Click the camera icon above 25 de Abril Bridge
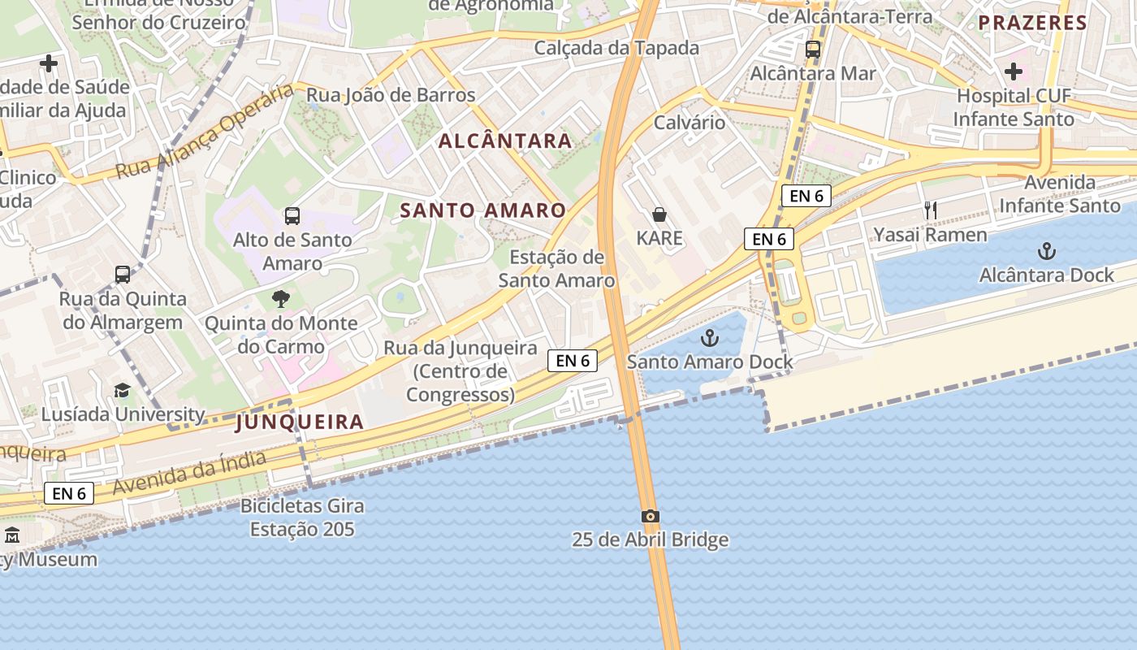click(650, 516)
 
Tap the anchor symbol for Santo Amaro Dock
click(711, 337)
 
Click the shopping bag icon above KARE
click(659, 214)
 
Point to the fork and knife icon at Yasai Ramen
click(931, 210)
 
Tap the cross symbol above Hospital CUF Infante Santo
click(1014, 71)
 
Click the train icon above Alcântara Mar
click(813, 49)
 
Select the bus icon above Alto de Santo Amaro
click(292, 216)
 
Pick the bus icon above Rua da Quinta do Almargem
click(123, 275)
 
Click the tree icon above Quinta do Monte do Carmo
click(281, 299)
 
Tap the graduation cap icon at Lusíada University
click(122, 391)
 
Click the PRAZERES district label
click(1032, 23)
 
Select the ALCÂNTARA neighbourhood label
click(505, 141)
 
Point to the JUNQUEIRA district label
click(300, 422)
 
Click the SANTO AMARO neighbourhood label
click(483, 210)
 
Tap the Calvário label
click(690, 123)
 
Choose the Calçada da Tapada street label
click(616, 48)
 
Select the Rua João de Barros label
click(391, 95)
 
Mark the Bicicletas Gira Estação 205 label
click(302, 518)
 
